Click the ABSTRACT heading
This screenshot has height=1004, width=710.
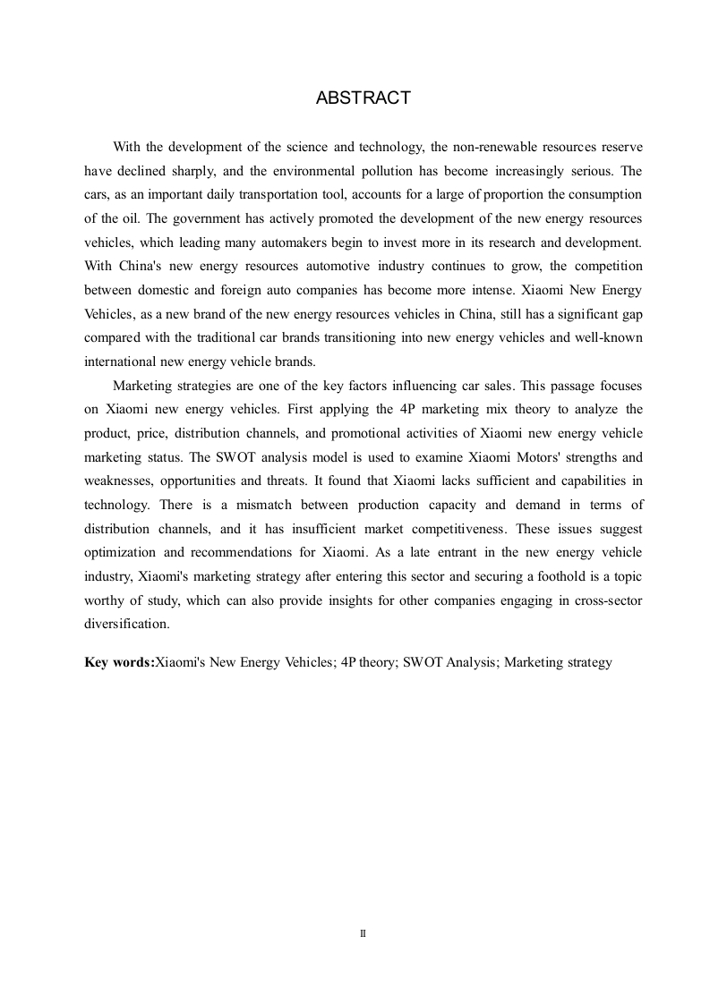coord(363,98)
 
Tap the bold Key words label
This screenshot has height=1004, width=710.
coord(119,663)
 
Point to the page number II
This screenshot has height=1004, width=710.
coord(363,932)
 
